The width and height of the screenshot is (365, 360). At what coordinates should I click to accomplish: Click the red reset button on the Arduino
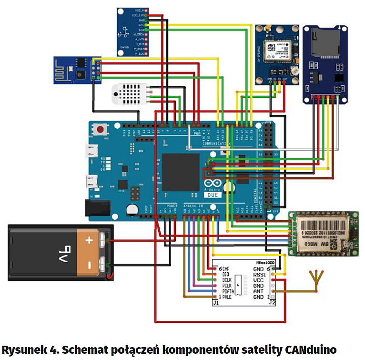[x=101, y=129]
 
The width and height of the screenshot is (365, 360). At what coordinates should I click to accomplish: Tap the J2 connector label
[x=272, y=302]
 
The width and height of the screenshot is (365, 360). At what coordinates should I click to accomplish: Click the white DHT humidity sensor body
[x=129, y=94]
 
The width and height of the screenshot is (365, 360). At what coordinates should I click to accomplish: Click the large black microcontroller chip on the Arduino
[x=180, y=172]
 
